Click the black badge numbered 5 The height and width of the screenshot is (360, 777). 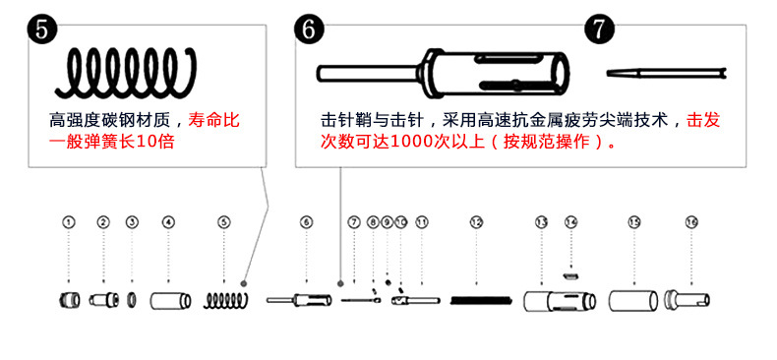coord(42,29)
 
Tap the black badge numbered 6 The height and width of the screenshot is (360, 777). coord(309,29)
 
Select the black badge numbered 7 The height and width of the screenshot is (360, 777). coord(600,29)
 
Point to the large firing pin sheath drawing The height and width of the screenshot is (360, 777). coord(443,73)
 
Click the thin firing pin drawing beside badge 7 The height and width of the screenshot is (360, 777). coord(667,73)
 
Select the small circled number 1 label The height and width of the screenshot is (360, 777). coord(69,222)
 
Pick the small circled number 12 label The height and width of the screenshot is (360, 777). coord(476,222)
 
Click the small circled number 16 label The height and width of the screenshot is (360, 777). coord(691,222)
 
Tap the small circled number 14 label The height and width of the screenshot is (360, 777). coord(571,222)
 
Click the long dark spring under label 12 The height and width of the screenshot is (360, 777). coord(481,300)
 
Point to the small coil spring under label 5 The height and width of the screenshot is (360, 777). coord(225,301)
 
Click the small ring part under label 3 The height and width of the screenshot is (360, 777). coord(132,300)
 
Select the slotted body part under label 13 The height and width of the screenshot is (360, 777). coord(560,301)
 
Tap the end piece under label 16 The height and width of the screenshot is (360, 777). coord(687,300)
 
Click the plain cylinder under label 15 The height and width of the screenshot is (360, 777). coord(633,301)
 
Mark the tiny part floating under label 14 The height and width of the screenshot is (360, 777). coord(570,274)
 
